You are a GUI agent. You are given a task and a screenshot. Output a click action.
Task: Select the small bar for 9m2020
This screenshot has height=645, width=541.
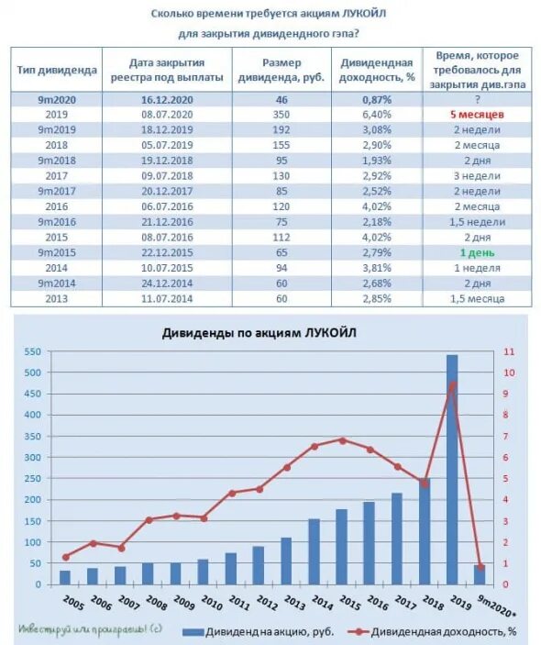(x=480, y=574)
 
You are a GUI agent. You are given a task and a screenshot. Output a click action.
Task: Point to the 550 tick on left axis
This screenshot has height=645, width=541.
(x=32, y=351)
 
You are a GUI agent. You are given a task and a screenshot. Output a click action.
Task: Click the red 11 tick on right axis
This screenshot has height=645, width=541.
(x=508, y=351)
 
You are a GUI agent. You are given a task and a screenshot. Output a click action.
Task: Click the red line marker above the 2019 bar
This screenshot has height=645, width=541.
(x=452, y=384)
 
